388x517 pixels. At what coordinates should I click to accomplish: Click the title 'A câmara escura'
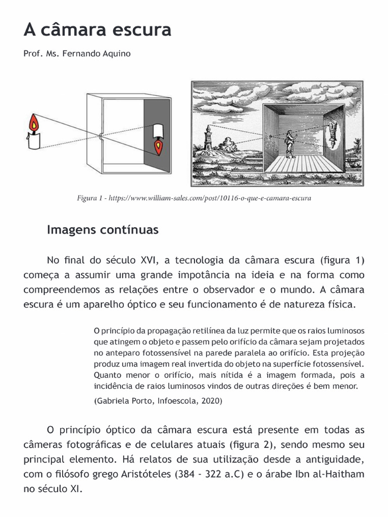click(x=98, y=30)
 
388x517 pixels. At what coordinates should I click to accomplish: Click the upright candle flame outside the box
click(x=34, y=123)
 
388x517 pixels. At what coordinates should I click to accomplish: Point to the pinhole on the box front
click(x=102, y=135)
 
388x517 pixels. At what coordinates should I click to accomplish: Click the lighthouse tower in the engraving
click(x=207, y=135)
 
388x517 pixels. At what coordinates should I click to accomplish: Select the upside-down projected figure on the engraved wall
click(x=333, y=132)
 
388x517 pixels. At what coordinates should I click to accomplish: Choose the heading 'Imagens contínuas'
click(x=103, y=230)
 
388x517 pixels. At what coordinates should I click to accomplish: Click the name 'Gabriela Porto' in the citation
click(x=122, y=401)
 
